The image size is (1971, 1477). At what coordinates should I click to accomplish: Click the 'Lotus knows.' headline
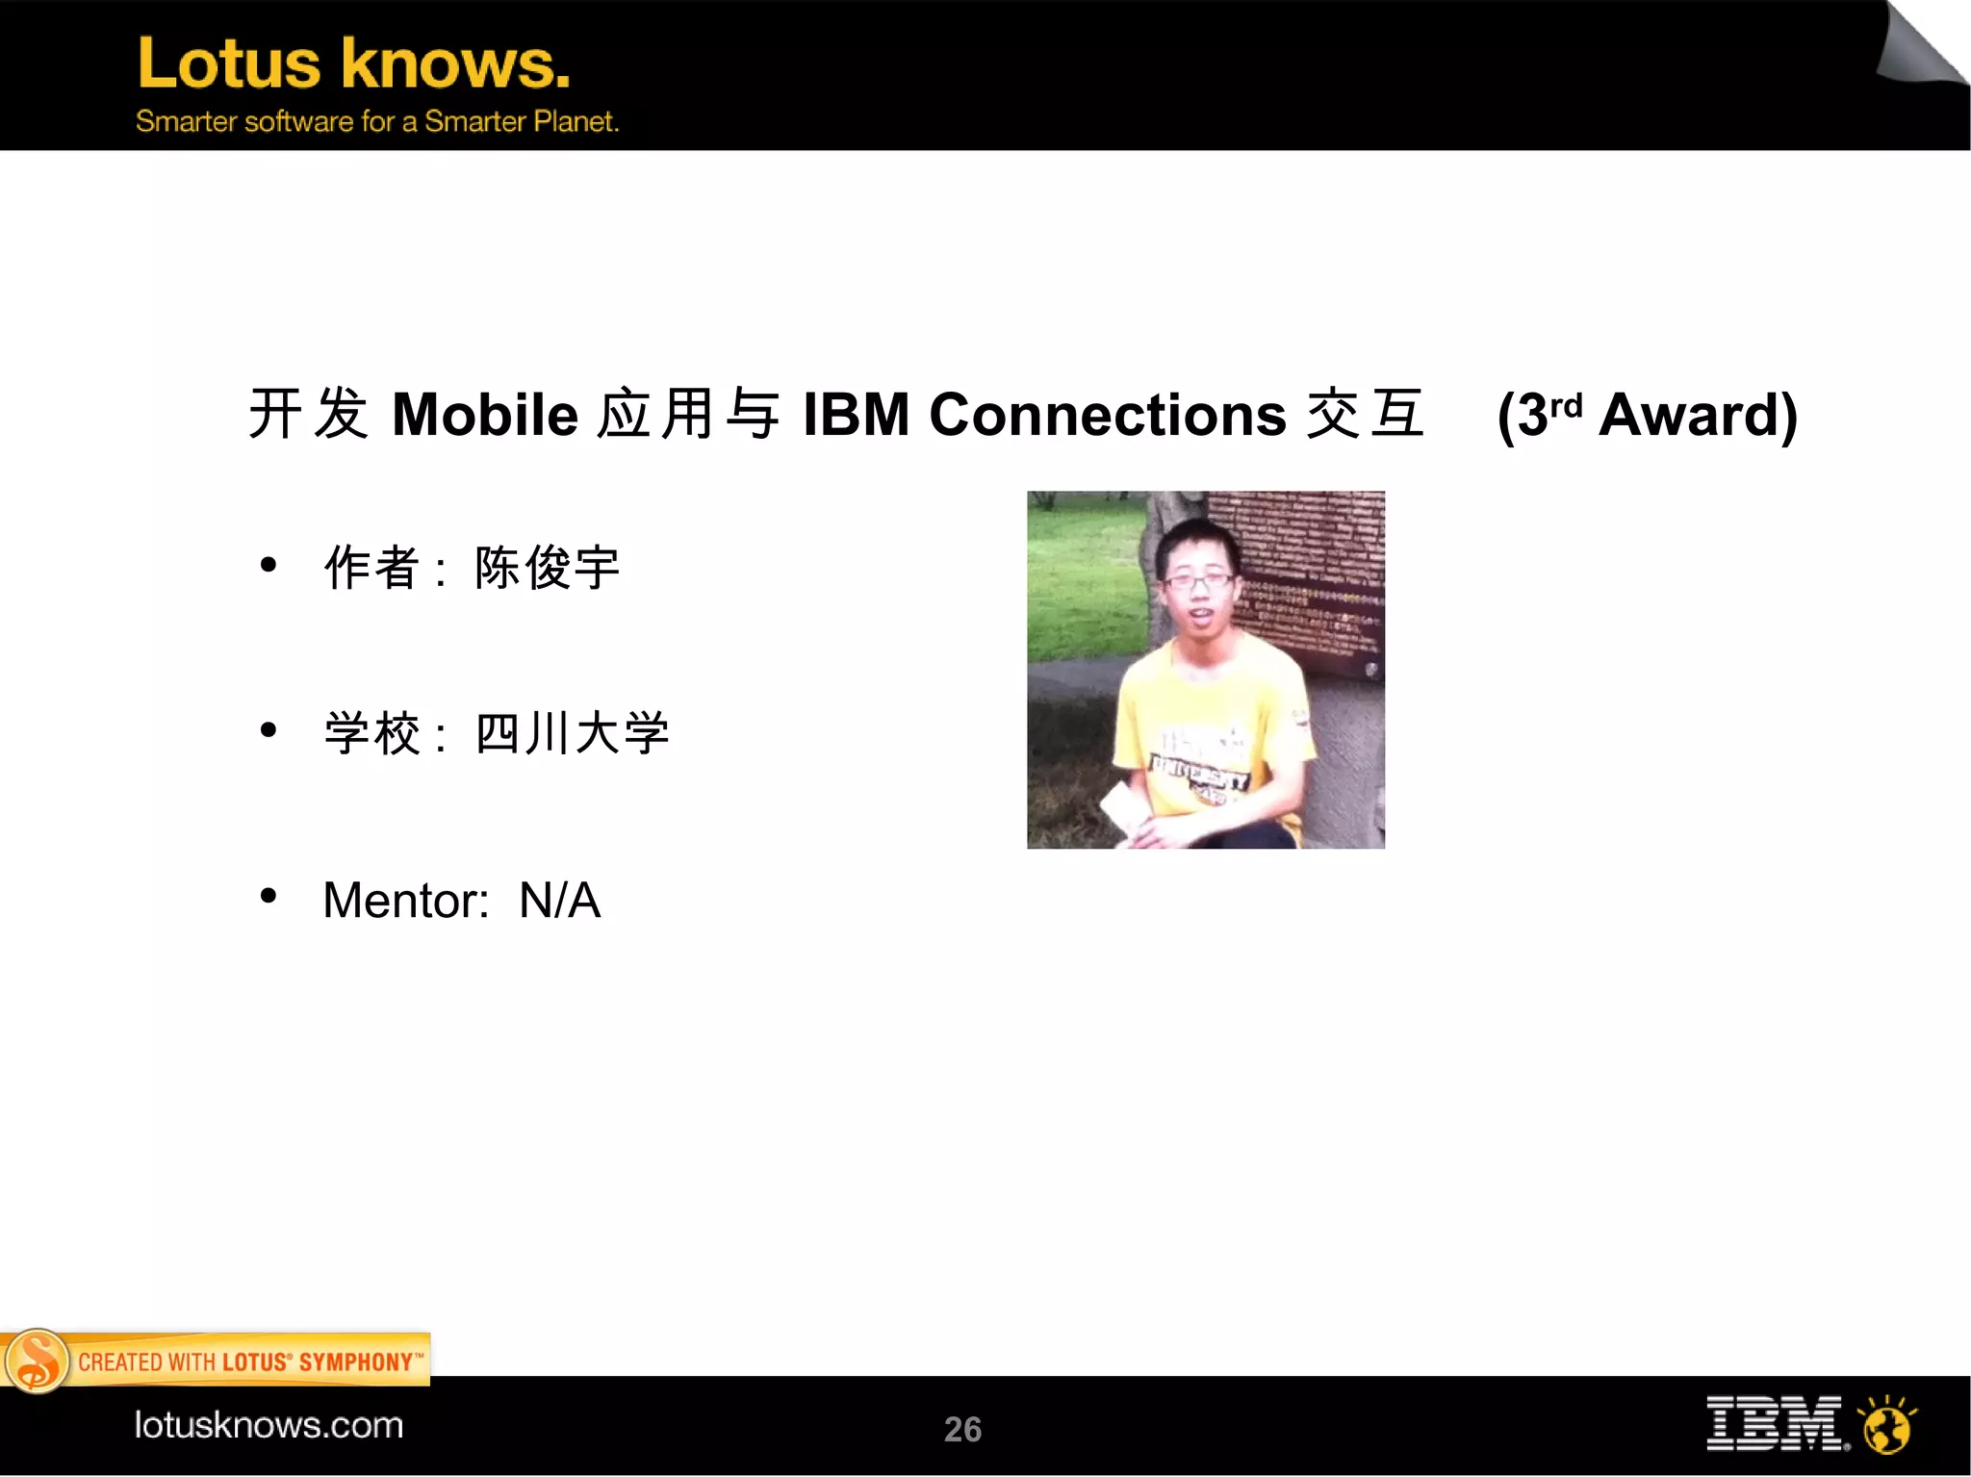pos(353,64)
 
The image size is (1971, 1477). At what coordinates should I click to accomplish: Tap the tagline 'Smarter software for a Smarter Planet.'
pos(376,121)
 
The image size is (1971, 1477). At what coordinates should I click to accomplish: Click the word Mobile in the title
pos(484,415)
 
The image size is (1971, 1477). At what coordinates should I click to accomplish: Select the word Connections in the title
pos(1107,415)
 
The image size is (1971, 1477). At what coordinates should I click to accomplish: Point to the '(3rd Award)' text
pos(1647,416)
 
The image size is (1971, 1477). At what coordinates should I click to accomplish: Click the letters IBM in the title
pos(856,415)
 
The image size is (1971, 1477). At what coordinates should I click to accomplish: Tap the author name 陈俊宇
pos(547,568)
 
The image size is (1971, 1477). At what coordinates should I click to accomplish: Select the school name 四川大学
pos(572,733)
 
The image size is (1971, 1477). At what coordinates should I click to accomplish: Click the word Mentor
pos(404,901)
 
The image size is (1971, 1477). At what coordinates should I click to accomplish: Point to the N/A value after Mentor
pos(559,901)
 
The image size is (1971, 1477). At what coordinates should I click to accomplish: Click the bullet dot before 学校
pos(269,730)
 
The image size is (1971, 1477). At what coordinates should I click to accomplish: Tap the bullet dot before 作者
pos(269,565)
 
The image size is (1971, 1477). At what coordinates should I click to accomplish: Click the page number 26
pos(962,1429)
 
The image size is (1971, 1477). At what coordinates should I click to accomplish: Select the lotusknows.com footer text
pos(269,1425)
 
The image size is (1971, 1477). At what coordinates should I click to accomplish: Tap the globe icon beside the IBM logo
pos(1887,1427)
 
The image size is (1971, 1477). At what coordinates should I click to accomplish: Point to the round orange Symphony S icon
pos(37,1361)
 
